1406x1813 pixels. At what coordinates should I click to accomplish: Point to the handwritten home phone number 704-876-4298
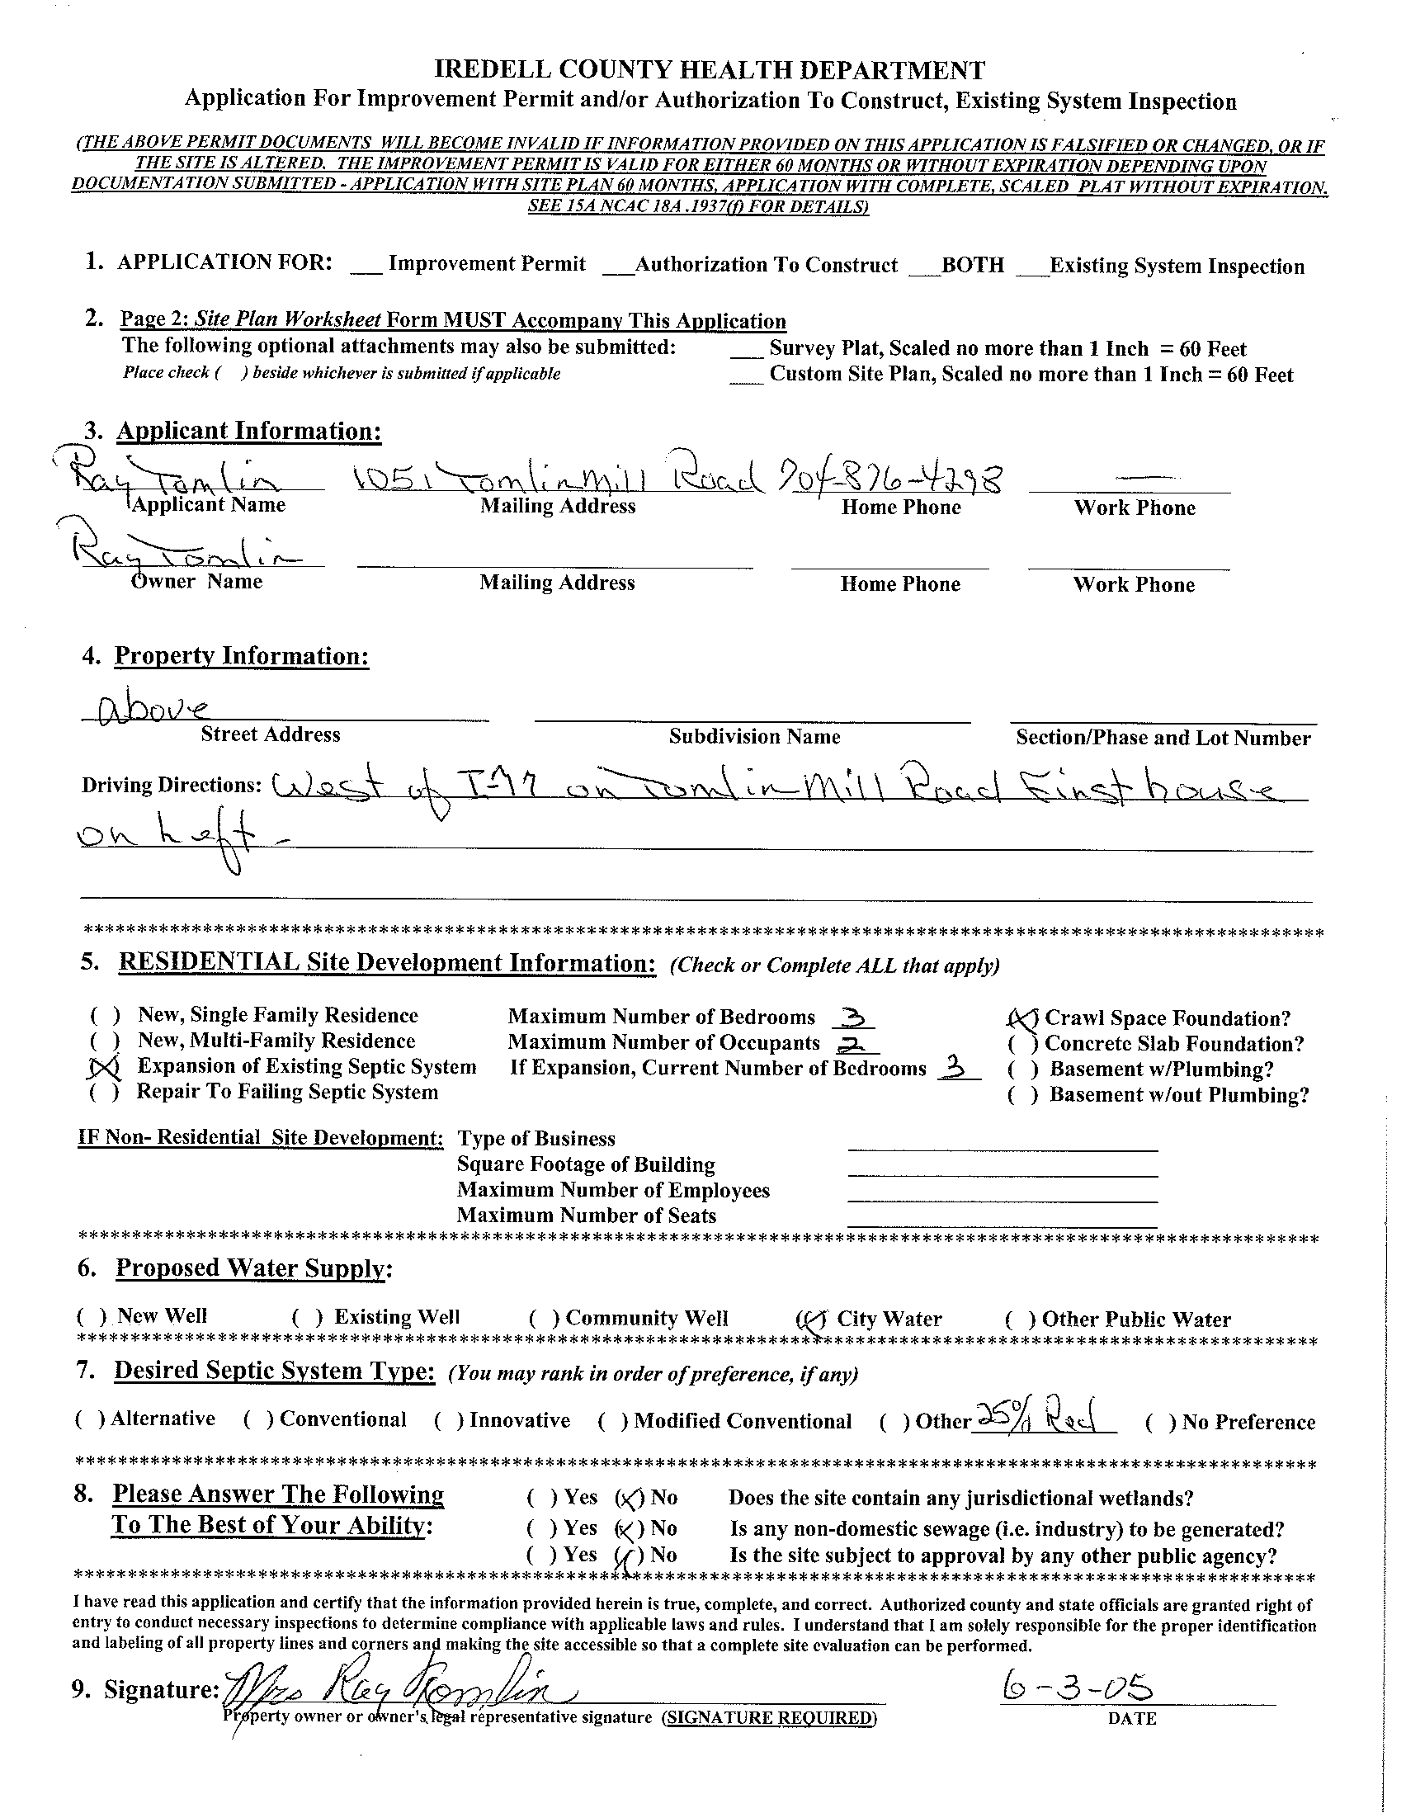889,479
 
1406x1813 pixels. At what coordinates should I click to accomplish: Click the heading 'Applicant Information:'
248,431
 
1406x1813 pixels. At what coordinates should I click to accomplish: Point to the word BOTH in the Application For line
972,266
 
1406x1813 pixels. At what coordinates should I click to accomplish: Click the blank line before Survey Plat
746,354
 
